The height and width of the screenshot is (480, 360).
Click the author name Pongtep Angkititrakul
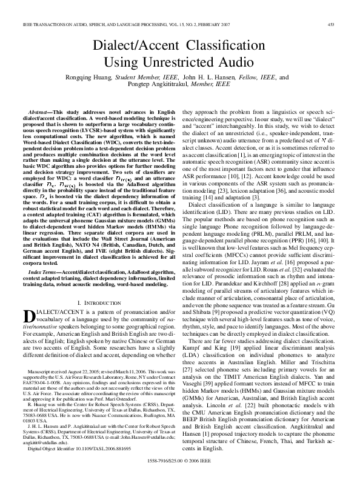[167, 85]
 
